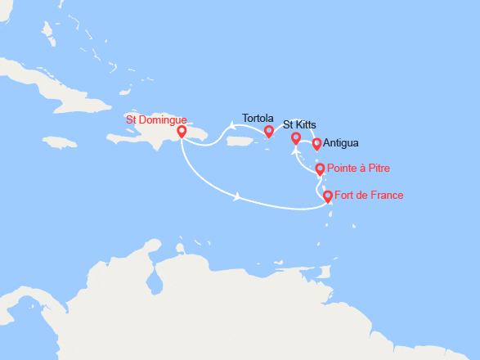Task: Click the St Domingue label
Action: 156,119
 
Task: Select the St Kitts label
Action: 299,125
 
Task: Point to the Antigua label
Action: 340,142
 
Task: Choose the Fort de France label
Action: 369,195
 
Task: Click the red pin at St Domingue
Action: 181,131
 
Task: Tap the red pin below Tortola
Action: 268,131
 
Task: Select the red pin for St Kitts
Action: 296,138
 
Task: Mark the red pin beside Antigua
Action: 317,144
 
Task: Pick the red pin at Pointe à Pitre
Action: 321,169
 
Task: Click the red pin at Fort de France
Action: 328,196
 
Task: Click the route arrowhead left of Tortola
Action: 232,126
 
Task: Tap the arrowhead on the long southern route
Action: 237,196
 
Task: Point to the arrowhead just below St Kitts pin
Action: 296,151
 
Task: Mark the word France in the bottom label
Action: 387,195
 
